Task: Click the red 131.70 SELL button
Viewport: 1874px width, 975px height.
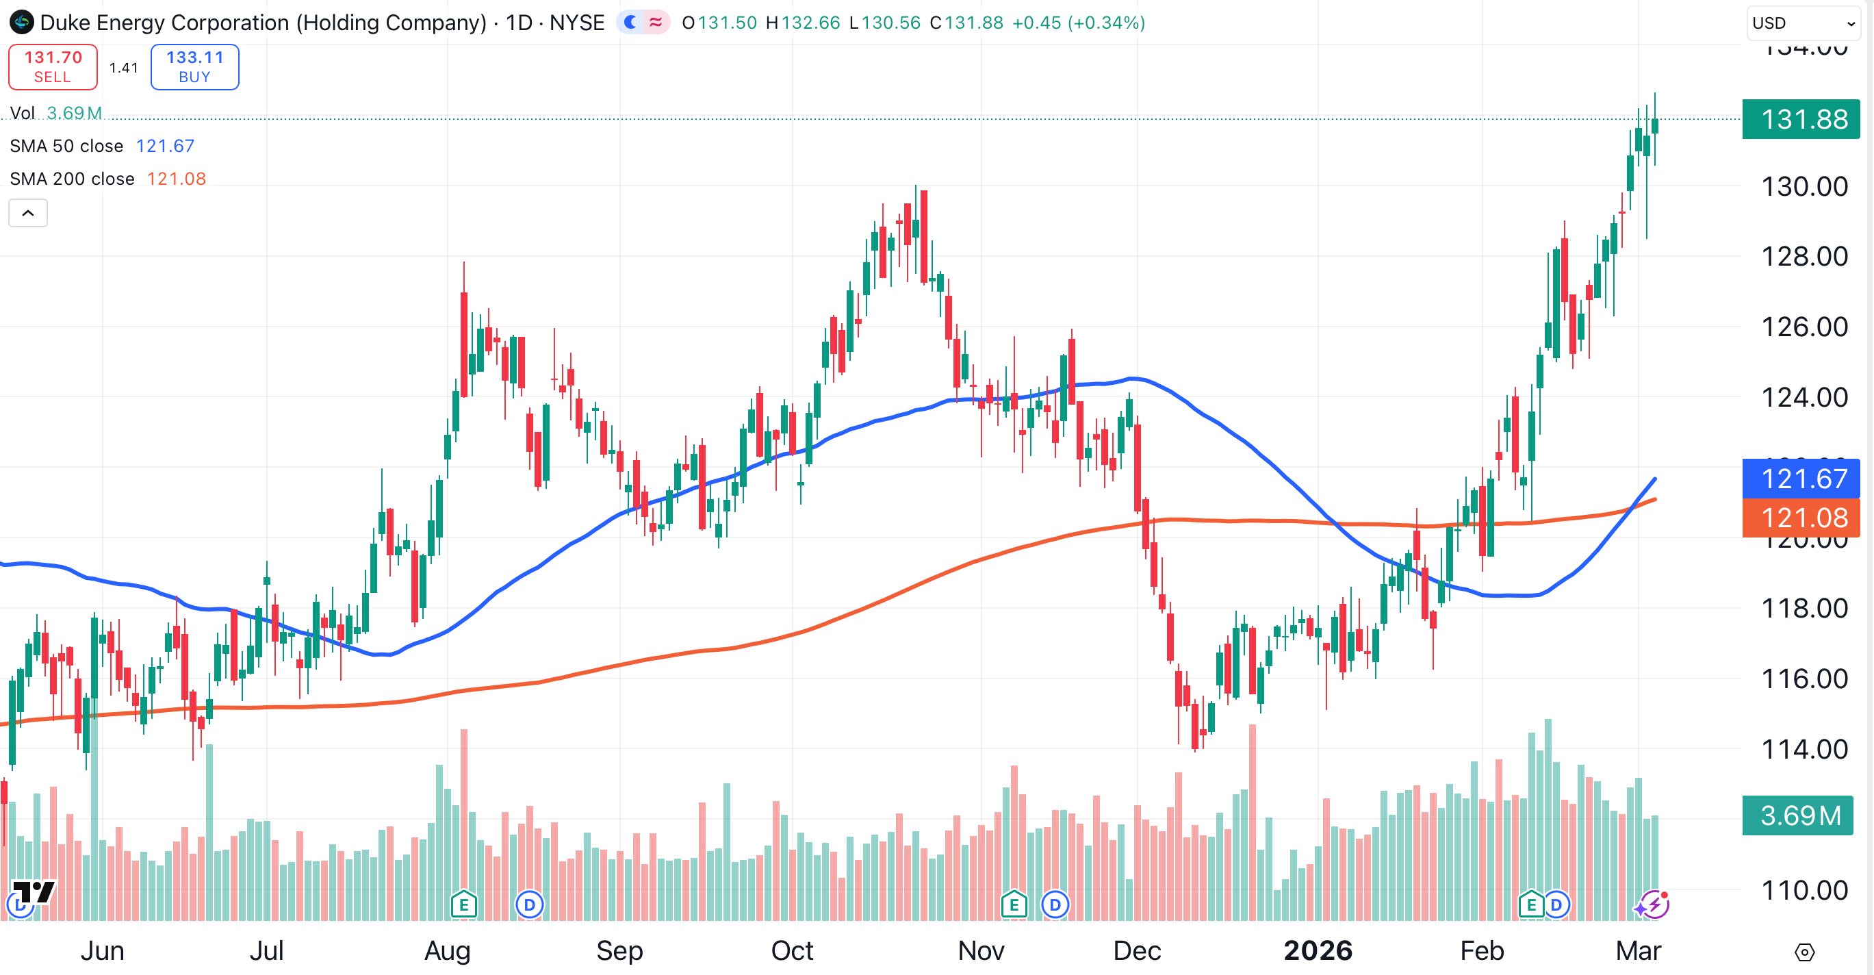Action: [53, 67]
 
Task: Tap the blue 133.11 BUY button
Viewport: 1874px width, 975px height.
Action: [194, 67]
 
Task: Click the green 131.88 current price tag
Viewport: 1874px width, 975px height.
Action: [1801, 119]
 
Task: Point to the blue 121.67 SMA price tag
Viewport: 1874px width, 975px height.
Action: [1801, 478]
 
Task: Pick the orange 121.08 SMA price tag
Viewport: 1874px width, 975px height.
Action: [1801, 518]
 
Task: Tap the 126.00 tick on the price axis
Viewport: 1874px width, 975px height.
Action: [1804, 327]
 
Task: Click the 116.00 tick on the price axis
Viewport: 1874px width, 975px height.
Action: [1804, 679]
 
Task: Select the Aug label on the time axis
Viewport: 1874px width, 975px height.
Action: [448, 950]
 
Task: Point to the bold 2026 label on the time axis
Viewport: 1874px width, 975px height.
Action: [1318, 950]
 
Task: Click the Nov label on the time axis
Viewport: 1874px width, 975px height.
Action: [981, 950]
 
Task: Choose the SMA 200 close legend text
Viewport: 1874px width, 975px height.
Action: [72, 179]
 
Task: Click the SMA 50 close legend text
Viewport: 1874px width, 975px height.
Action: [66, 147]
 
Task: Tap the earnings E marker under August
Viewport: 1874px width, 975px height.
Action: [463, 905]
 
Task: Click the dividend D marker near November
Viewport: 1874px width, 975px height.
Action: [1055, 905]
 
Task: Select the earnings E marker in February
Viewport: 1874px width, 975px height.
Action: [1530, 905]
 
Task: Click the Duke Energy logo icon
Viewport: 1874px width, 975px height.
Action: [22, 23]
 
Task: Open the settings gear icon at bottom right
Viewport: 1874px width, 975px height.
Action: [1804, 952]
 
